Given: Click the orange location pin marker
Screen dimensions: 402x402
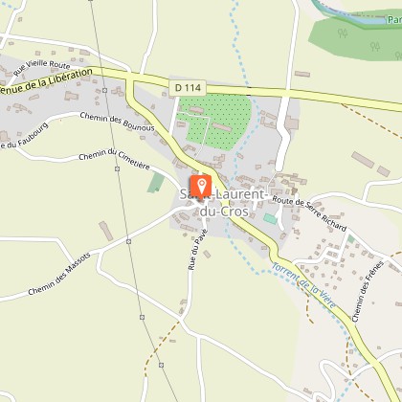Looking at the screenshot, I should (202, 185).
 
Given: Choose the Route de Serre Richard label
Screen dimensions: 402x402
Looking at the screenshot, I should (309, 214).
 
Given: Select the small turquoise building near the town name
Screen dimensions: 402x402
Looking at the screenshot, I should (268, 219).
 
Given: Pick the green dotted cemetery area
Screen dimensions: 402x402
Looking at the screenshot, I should (216, 119).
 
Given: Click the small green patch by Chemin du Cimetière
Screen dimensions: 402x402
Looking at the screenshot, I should (155, 182).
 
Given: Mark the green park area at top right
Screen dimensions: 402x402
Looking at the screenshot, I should (354, 35).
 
